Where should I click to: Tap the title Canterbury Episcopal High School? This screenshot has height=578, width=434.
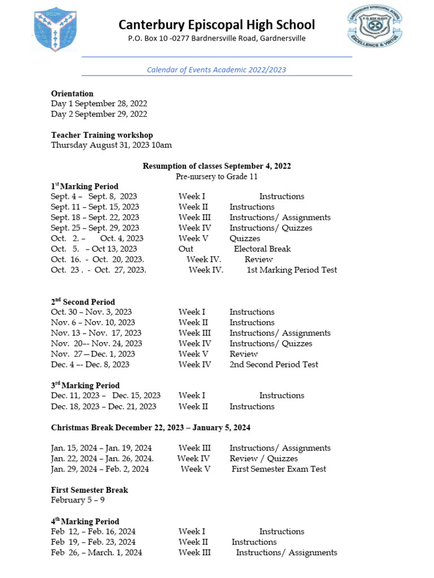click(x=216, y=25)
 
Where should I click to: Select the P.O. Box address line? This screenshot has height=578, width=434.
click(x=216, y=39)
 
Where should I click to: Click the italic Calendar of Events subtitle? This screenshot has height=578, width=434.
click(x=216, y=70)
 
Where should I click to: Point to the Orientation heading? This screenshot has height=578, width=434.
click(x=72, y=94)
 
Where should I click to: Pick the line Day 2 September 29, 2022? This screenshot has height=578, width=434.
click(x=99, y=114)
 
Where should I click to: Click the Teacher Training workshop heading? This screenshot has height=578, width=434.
click(x=102, y=135)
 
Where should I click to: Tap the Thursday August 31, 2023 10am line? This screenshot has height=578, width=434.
click(x=111, y=145)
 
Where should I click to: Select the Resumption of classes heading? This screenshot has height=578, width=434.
click(x=216, y=166)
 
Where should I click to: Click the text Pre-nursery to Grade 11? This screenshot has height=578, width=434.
click(x=216, y=176)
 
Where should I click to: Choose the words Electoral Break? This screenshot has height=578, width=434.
click(x=262, y=249)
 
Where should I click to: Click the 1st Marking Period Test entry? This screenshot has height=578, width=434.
click(x=292, y=270)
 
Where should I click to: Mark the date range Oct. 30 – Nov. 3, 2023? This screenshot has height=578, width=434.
click(x=92, y=312)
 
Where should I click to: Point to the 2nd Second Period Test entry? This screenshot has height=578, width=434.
click(x=274, y=365)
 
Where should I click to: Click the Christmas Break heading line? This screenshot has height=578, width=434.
click(x=150, y=427)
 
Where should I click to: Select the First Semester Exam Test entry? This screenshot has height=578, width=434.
click(x=279, y=469)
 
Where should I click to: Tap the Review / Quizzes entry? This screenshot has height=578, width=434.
click(x=263, y=458)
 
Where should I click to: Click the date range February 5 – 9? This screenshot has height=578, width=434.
click(x=77, y=500)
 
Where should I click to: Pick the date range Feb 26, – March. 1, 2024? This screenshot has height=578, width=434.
click(x=97, y=553)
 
